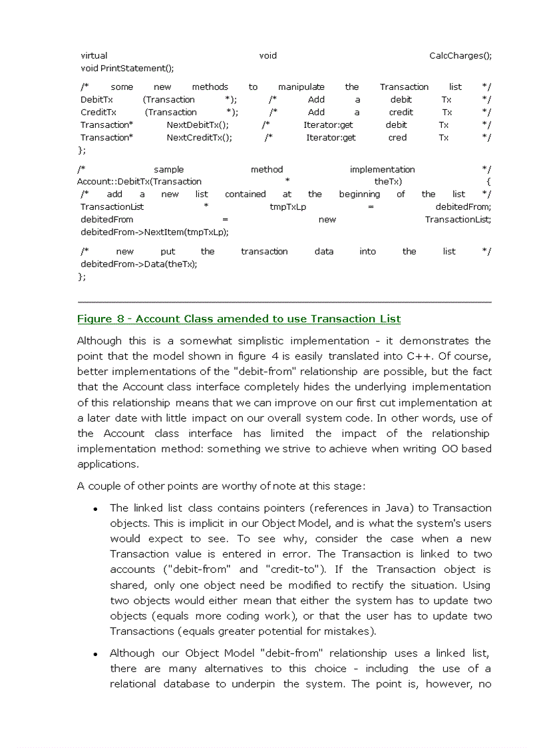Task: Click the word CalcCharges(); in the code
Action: point(460,56)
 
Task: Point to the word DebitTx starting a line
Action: point(96,100)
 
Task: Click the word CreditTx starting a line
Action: point(98,113)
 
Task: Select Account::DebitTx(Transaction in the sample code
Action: point(139,182)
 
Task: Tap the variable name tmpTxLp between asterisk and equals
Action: point(287,207)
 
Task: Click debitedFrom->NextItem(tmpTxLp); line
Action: point(154,232)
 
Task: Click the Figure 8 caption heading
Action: point(239,319)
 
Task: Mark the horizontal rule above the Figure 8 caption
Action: point(284,302)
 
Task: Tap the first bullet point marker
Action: point(96,510)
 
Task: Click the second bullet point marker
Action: point(96,655)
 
